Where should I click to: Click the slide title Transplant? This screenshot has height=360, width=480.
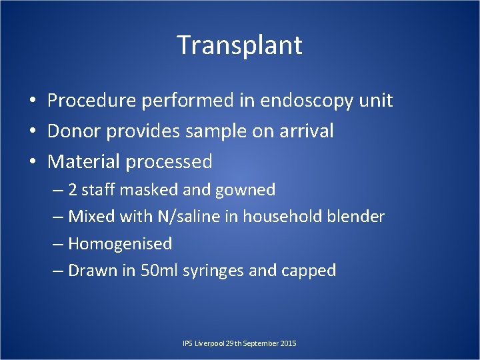(240, 45)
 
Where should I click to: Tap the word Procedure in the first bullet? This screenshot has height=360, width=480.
(92, 101)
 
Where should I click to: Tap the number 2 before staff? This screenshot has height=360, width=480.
(73, 191)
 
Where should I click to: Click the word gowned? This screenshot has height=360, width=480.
(245, 191)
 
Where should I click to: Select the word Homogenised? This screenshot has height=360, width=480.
(120, 244)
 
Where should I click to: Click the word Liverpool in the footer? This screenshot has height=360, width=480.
(208, 343)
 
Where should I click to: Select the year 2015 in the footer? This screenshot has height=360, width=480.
(289, 343)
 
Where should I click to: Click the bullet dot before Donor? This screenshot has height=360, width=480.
(32, 132)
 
